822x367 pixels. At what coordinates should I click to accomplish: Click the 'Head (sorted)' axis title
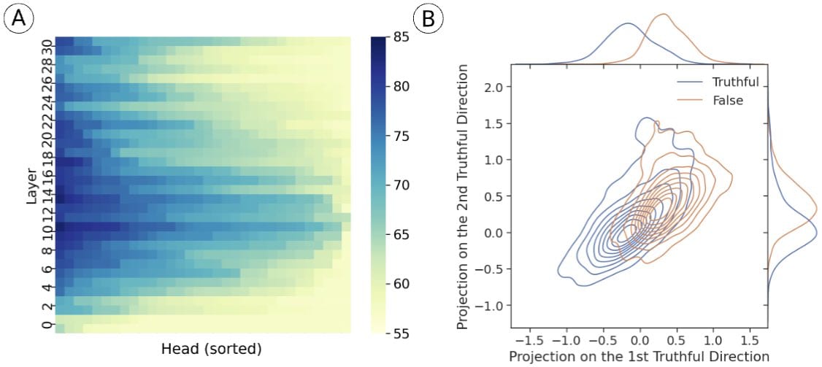tap(212, 349)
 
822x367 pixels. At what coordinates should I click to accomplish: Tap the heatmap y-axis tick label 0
tap(46, 325)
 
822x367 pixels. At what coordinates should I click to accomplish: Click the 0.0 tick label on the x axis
tap(639, 340)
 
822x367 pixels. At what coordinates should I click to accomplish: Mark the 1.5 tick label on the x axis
tap(751, 340)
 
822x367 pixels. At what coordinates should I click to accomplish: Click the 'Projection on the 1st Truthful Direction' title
tap(639, 356)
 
